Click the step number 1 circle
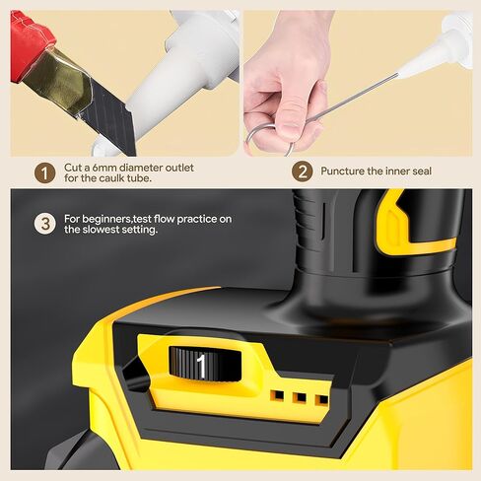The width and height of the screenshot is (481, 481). click(x=43, y=172)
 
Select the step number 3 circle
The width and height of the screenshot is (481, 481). click(x=43, y=223)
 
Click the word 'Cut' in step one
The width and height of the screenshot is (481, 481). click(x=74, y=168)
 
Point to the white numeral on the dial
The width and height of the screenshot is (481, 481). click(x=201, y=366)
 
